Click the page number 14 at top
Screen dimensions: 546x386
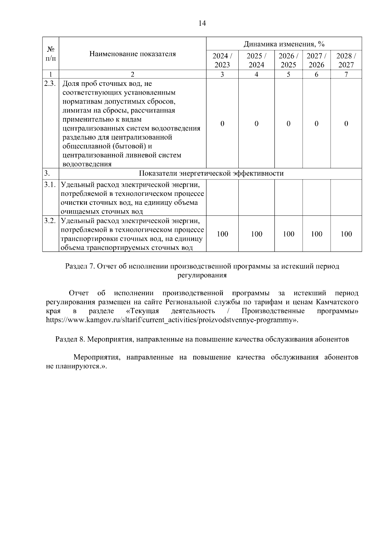[202, 23]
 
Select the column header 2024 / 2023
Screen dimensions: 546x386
[222, 60]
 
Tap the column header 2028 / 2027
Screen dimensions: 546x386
[346, 60]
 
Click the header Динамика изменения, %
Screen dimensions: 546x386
[284, 44]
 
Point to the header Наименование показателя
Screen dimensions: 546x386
[133, 54]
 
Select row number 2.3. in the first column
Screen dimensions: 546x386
[50, 84]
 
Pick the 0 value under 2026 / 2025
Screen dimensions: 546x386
[288, 124]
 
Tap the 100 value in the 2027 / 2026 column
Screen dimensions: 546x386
[317, 234]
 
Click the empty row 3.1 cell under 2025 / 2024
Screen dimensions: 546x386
[256, 198]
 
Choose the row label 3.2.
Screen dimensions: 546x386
[50, 221]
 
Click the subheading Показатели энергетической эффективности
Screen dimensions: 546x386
[211, 174]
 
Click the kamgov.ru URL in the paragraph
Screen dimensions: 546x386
[170, 320]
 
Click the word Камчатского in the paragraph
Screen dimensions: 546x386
[337, 302]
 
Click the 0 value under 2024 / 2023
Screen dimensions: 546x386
[222, 124]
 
